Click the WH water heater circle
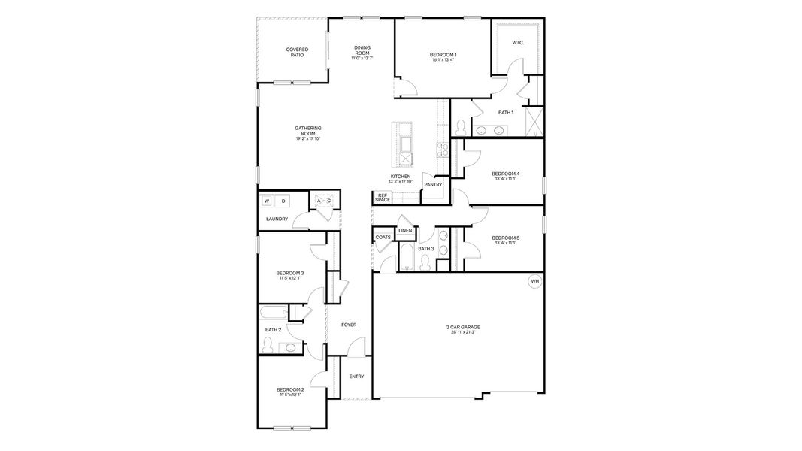coord(535,282)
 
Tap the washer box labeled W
coord(266,201)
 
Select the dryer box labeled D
coord(283,201)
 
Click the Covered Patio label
coord(297,53)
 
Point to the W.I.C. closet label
coord(518,43)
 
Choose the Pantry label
coord(433,184)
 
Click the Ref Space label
coord(383,198)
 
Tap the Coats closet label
coord(383,238)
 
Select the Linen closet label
coord(405,230)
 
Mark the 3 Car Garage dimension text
coord(463,331)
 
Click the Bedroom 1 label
coord(443,54)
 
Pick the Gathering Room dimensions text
coord(308,139)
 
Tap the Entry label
coord(357,377)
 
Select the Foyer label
coord(349,325)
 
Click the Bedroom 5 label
coord(506,238)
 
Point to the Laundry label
coord(277,219)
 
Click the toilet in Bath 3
coord(425,262)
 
